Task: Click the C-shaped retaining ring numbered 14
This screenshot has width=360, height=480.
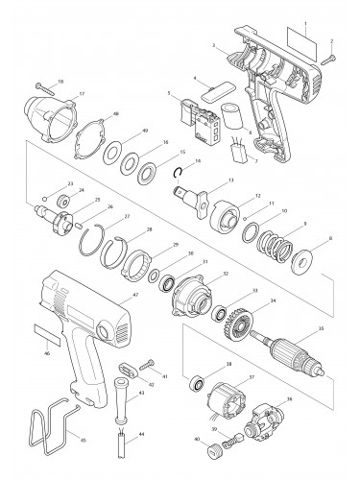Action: (x=179, y=173)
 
